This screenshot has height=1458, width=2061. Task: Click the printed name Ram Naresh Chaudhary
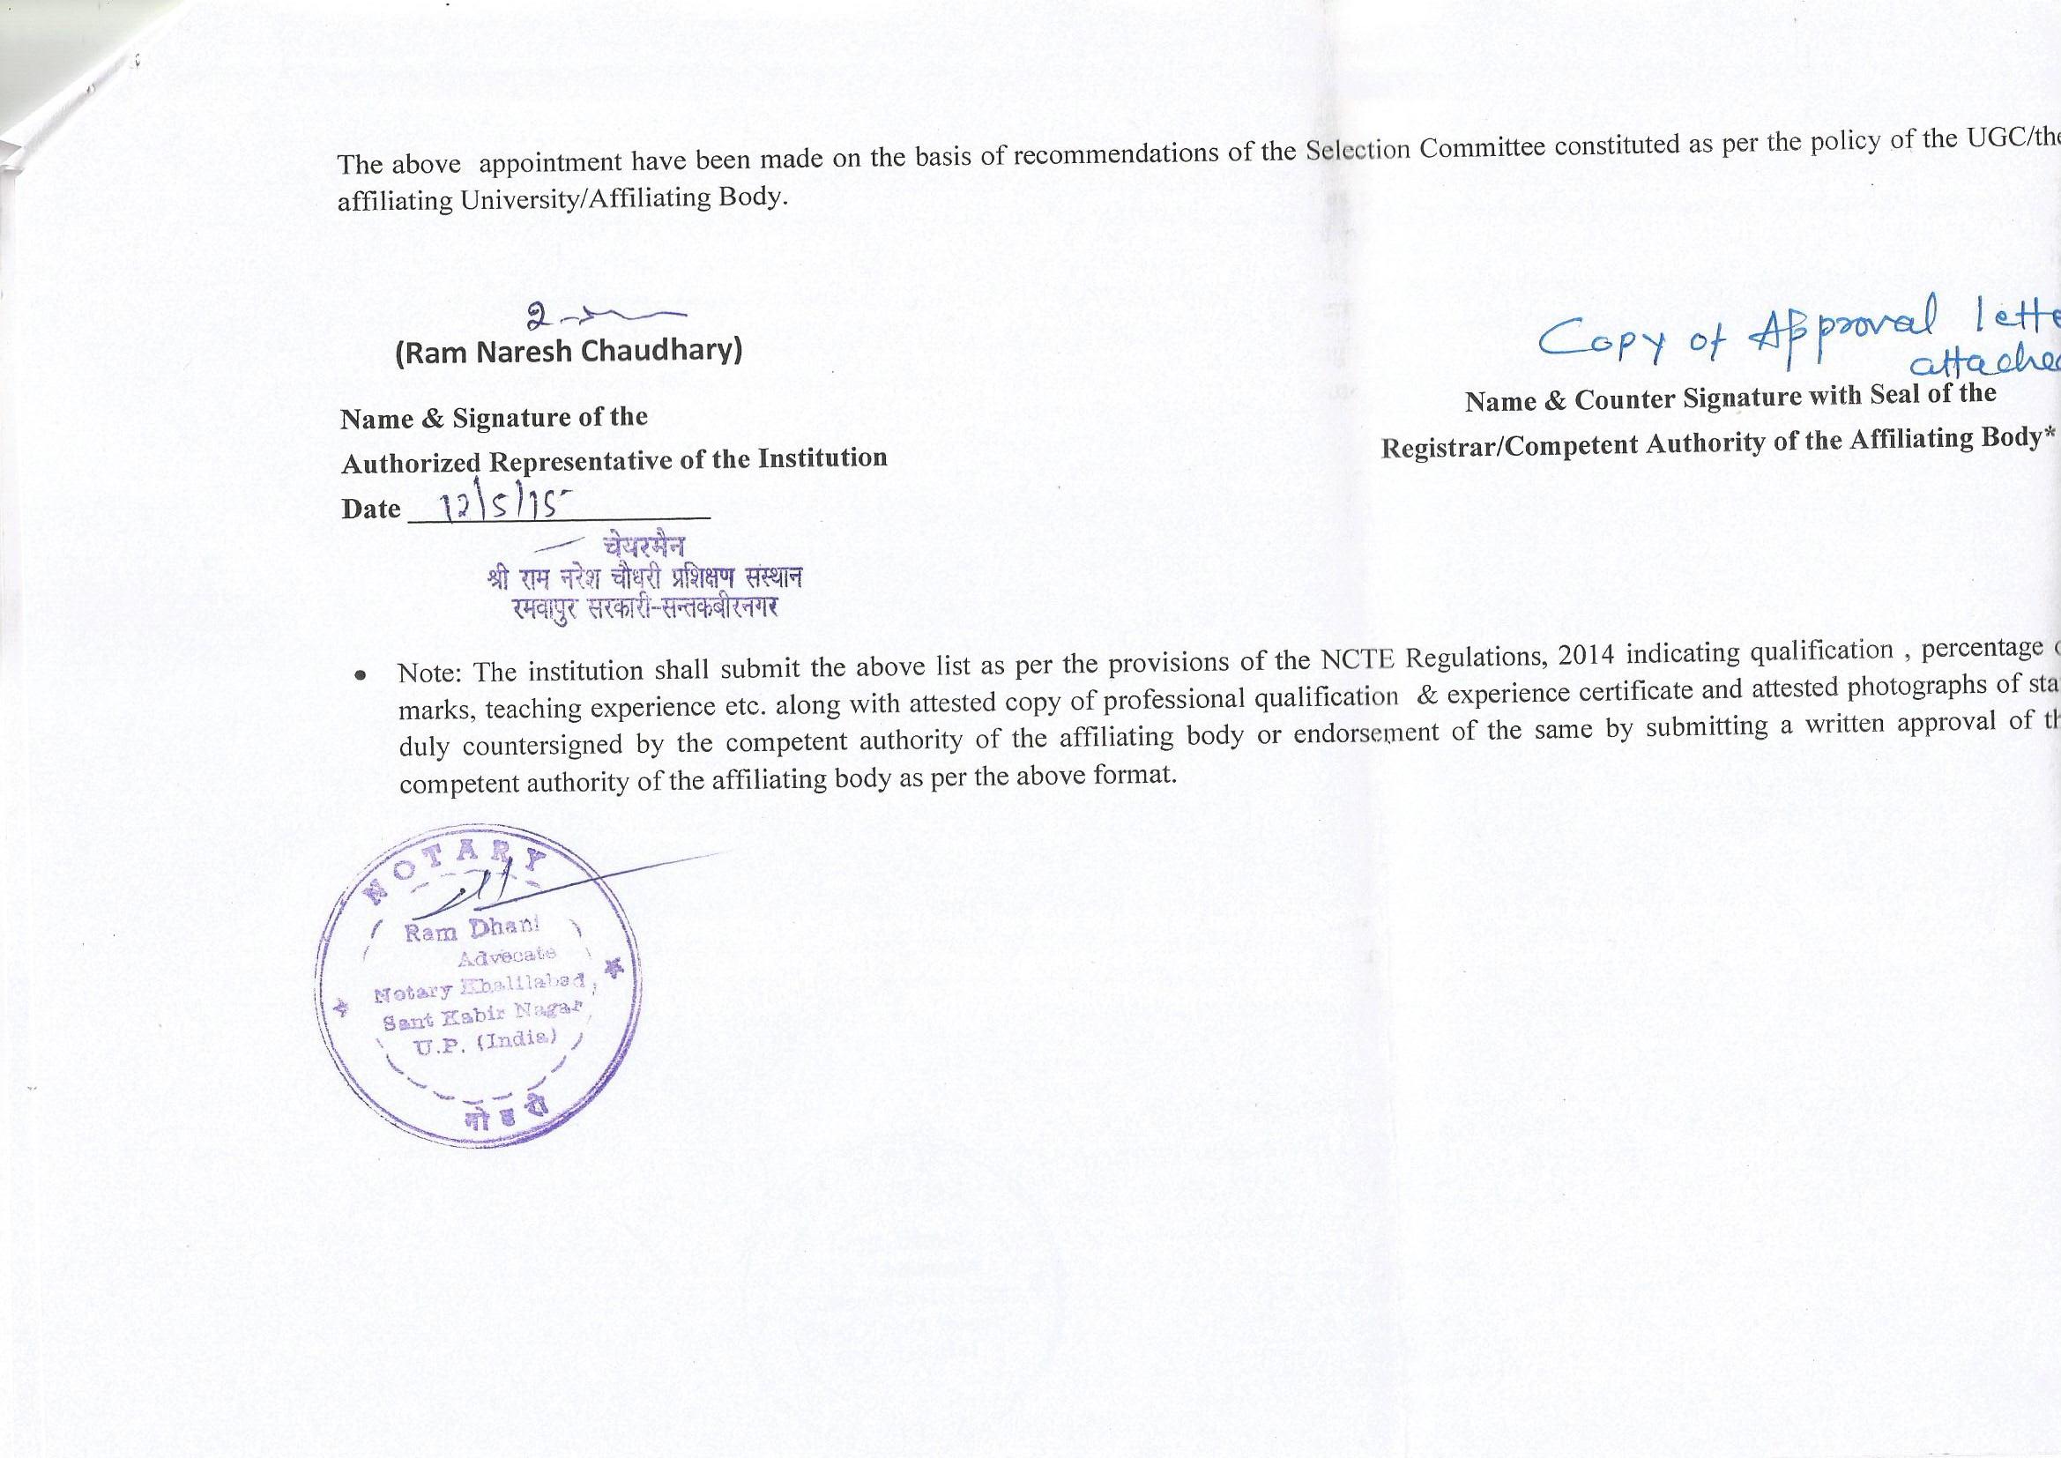click(x=569, y=351)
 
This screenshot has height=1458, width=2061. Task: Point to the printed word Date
click(x=371, y=509)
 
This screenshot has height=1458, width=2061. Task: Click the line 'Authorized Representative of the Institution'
click(x=614, y=460)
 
